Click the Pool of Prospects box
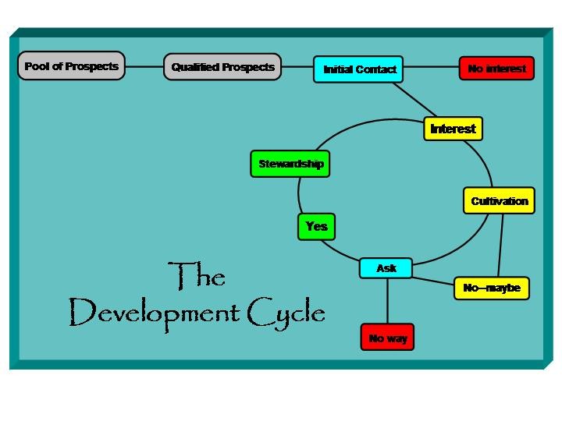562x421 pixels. (x=71, y=66)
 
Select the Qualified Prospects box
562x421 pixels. (x=222, y=67)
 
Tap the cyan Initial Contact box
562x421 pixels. (x=359, y=69)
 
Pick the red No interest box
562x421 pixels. (x=496, y=69)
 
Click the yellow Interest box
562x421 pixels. (x=453, y=129)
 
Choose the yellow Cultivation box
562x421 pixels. (x=499, y=201)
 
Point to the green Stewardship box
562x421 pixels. (x=290, y=165)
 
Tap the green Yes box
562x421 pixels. (x=316, y=226)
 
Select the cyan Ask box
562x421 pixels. (x=386, y=268)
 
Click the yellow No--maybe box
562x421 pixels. (x=492, y=288)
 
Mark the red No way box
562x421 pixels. (x=387, y=338)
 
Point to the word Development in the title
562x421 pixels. (x=154, y=313)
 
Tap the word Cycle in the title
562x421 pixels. (x=286, y=313)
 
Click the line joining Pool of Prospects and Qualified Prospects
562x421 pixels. (x=144, y=67)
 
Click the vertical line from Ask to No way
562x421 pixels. (x=387, y=301)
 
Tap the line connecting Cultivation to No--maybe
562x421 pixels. (x=500, y=245)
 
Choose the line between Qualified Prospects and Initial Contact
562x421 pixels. (x=297, y=68)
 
